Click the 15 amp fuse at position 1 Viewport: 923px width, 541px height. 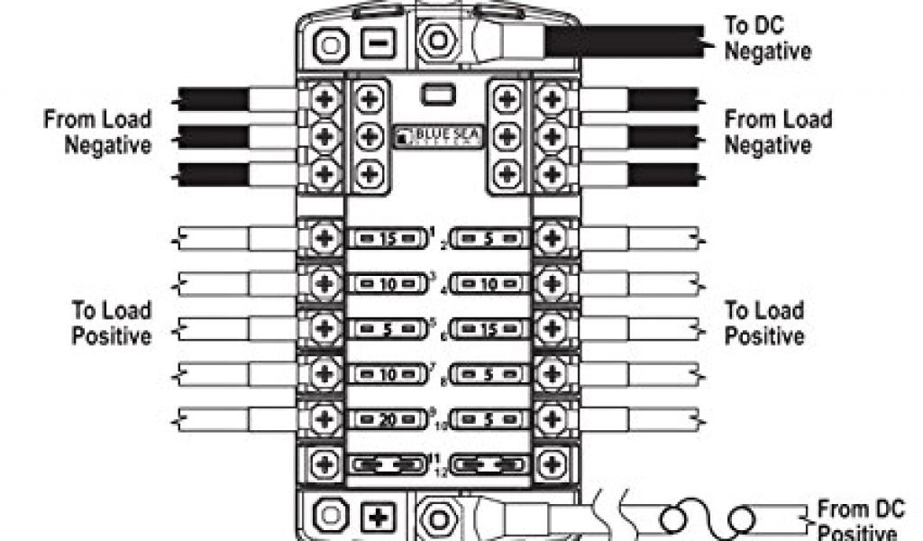click(386, 239)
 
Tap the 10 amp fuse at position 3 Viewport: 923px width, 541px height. click(386, 285)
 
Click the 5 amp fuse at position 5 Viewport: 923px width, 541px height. click(386, 329)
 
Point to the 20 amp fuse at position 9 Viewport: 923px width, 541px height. click(386, 418)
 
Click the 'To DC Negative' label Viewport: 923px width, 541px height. click(768, 38)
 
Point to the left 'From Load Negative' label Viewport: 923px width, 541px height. click(97, 132)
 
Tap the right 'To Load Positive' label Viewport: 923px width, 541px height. click(765, 324)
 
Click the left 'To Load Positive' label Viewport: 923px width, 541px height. click(111, 324)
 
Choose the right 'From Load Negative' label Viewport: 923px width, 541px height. click(778, 132)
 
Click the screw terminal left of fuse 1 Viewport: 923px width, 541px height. click(324, 239)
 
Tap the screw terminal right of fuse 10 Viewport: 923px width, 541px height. click(553, 418)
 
